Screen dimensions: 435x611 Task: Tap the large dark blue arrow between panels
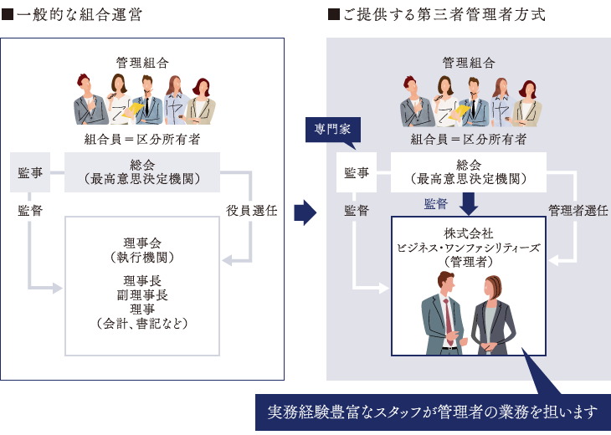point(305,212)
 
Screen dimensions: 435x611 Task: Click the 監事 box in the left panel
point(30,172)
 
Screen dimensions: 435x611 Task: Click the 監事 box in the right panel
point(356,173)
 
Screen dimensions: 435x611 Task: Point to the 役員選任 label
point(251,210)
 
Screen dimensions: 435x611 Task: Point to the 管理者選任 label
point(578,210)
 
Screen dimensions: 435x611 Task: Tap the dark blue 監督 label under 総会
point(436,203)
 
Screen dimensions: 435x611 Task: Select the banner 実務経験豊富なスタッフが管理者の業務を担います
point(433,412)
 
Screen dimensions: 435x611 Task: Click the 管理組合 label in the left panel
point(142,61)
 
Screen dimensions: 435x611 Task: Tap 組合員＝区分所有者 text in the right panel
point(469,139)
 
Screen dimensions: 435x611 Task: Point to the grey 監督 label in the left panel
point(30,211)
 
